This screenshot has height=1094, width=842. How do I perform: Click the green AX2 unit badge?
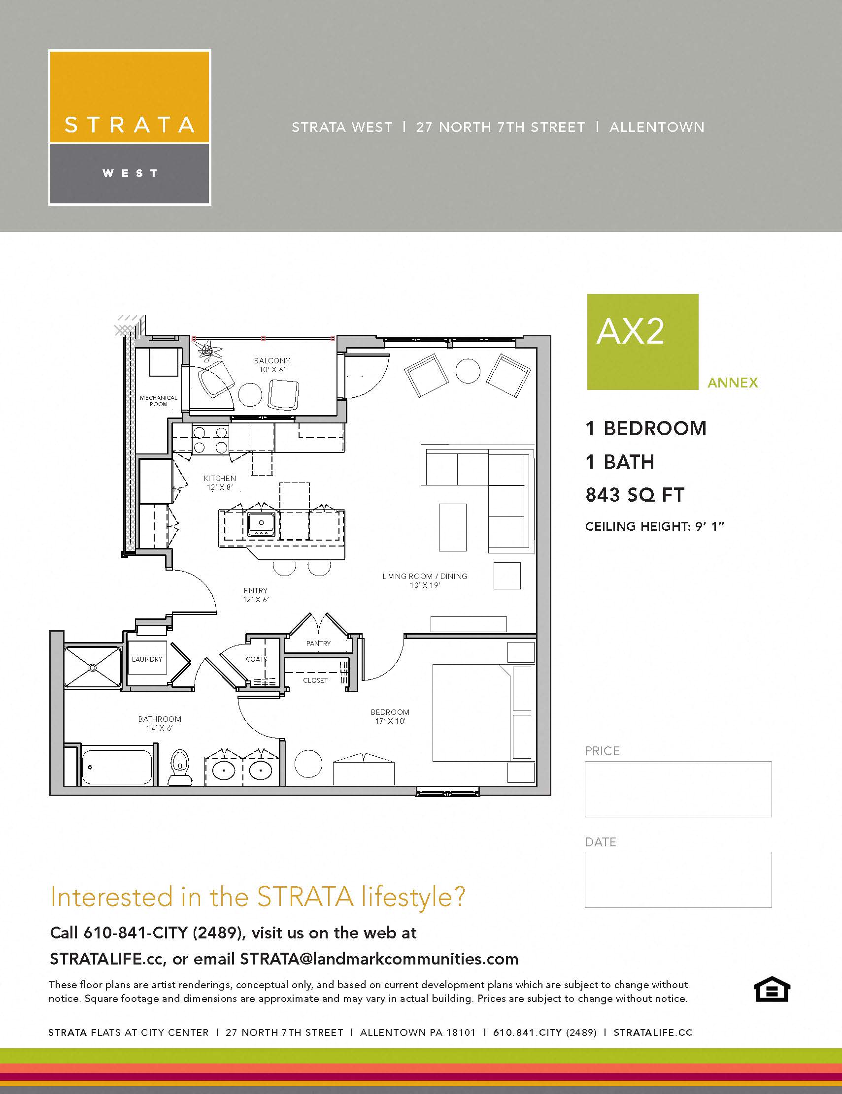642,342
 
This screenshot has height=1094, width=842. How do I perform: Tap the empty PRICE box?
677,789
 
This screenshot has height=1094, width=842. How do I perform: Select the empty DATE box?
677,880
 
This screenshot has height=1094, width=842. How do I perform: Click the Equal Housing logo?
772,989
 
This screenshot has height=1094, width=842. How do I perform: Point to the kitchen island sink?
261,524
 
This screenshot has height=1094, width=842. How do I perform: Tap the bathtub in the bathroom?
117,767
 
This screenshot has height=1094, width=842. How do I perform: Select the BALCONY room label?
271,361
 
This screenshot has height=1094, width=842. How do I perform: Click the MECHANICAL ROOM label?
158,401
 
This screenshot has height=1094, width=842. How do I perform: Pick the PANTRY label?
318,643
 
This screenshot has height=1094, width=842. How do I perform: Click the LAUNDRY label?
147,659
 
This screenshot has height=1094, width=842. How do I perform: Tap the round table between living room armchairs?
468,371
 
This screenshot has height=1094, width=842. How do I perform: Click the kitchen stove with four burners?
210,439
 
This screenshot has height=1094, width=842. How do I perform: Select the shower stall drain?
92,668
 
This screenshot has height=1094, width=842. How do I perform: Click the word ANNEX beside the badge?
732,383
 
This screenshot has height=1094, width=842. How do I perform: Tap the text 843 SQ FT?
635,495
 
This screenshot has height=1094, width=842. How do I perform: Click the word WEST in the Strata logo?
130,173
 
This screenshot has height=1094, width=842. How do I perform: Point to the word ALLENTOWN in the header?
657,127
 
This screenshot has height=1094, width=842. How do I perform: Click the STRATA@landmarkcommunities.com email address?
379,959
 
